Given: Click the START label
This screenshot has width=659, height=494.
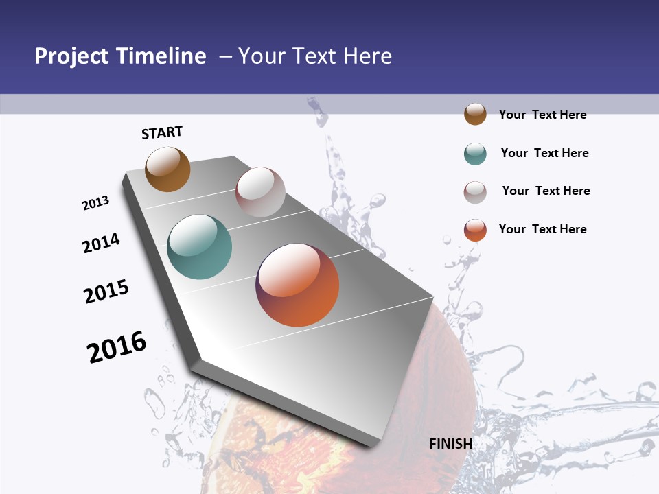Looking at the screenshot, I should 162,132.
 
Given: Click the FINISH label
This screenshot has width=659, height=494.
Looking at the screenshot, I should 450,444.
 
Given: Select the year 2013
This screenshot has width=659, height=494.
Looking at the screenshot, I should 96,203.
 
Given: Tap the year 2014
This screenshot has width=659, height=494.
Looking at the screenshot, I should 101,243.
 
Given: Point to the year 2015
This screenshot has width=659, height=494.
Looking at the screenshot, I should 106,292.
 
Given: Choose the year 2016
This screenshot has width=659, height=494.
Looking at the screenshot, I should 117,347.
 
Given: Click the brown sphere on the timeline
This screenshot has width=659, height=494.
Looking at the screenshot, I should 167,169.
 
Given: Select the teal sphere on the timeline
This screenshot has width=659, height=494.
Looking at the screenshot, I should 200,246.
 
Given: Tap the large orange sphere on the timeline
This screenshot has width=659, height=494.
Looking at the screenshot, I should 297,285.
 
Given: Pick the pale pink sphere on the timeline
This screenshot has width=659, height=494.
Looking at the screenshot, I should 260,191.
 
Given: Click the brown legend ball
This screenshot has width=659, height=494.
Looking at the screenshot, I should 475,114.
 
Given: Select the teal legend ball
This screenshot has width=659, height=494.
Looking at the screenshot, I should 475,154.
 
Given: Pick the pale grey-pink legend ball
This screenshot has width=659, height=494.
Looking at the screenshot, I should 475,192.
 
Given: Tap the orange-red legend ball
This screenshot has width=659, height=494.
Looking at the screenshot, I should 475,230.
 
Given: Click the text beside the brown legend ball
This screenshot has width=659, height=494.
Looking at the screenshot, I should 542,115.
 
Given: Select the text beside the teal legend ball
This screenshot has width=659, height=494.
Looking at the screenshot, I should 544,153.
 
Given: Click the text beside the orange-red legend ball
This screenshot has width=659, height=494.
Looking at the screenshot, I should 542,229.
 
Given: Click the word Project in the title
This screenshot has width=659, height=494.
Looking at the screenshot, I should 71,56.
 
